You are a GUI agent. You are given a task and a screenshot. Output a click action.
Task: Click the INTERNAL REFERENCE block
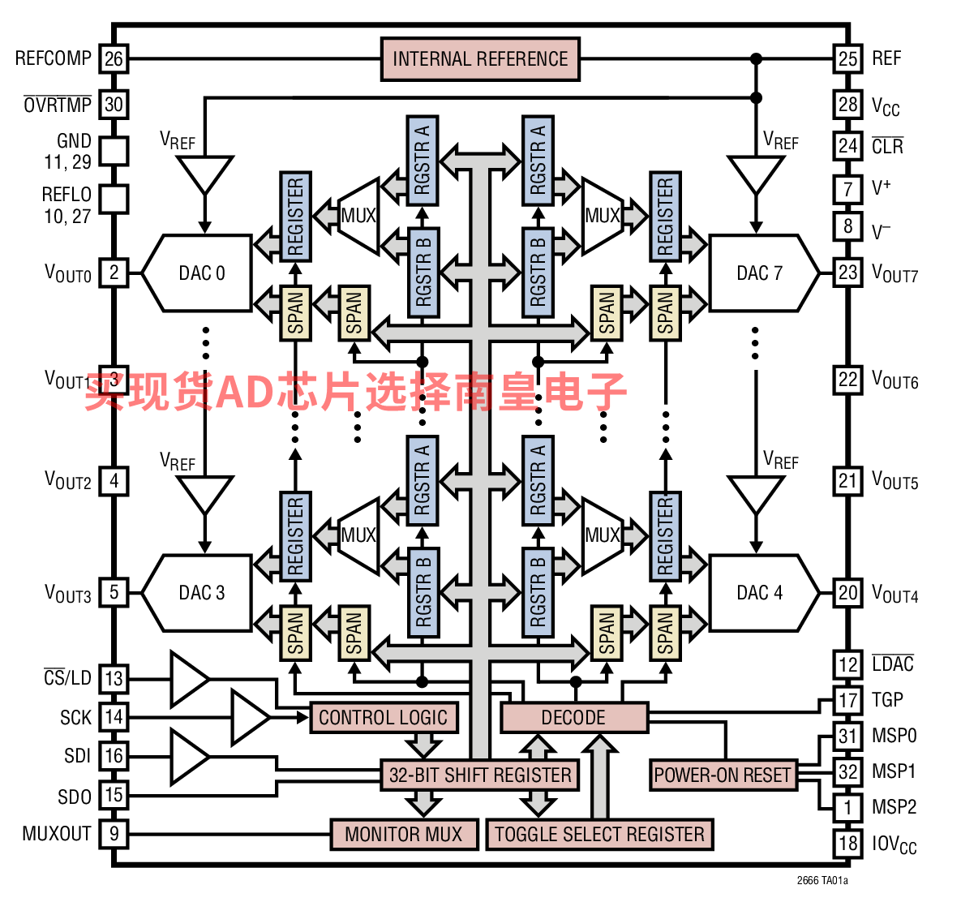480,59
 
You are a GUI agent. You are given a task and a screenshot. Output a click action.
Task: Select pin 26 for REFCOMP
114,58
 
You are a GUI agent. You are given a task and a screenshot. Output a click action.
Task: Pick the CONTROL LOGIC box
383,718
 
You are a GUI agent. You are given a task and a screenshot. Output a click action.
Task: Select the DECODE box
573,718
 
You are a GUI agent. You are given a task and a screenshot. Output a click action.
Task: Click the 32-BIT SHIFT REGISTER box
480,775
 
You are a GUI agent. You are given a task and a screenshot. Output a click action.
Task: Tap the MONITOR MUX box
403,834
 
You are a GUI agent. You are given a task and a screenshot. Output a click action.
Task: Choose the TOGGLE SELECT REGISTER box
599,834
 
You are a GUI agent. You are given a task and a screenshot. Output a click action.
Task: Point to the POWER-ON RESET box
722,775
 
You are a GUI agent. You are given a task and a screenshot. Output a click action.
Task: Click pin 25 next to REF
847,58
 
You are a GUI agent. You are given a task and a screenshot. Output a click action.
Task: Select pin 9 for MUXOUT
114,833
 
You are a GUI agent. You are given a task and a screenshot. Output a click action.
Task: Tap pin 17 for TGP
847,700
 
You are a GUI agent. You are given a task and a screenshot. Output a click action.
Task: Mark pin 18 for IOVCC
847,843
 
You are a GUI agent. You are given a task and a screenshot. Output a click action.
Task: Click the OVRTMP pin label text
58,105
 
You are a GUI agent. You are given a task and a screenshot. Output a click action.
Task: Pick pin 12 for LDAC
847,664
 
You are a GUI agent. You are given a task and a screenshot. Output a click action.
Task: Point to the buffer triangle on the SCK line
249,717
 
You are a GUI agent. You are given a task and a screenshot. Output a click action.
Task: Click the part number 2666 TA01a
822,881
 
